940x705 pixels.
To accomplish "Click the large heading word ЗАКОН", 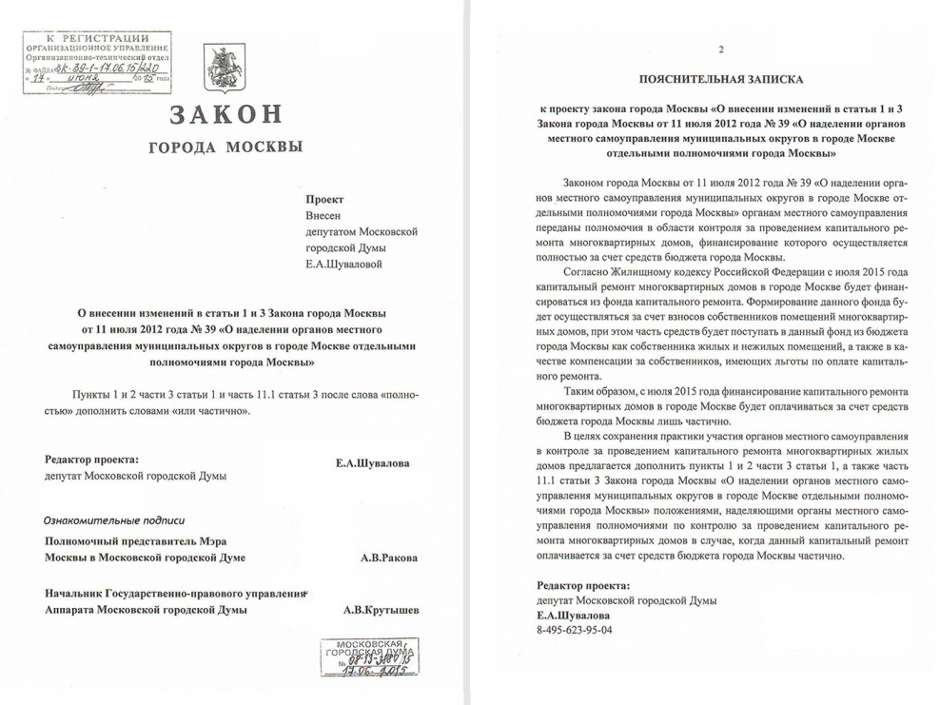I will pyautogui.click(x=226, y=115).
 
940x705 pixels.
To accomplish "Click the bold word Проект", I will pyautogui.click(x=323, y=201).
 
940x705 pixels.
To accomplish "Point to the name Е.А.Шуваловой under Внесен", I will pyautogui.click(x=343, y=264).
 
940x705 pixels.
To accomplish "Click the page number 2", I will pyautogui.click(x=720, y=49).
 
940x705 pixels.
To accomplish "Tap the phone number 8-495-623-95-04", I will pyautogui.click(x=575, y=630).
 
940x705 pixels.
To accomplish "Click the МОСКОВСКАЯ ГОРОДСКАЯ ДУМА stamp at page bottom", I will pyautogui.click(x=365, y=656).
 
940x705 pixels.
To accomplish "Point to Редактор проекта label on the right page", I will pyautogui.click(x=583, y=585).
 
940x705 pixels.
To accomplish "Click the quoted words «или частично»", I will pyautogui.click(x=215, y=410).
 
